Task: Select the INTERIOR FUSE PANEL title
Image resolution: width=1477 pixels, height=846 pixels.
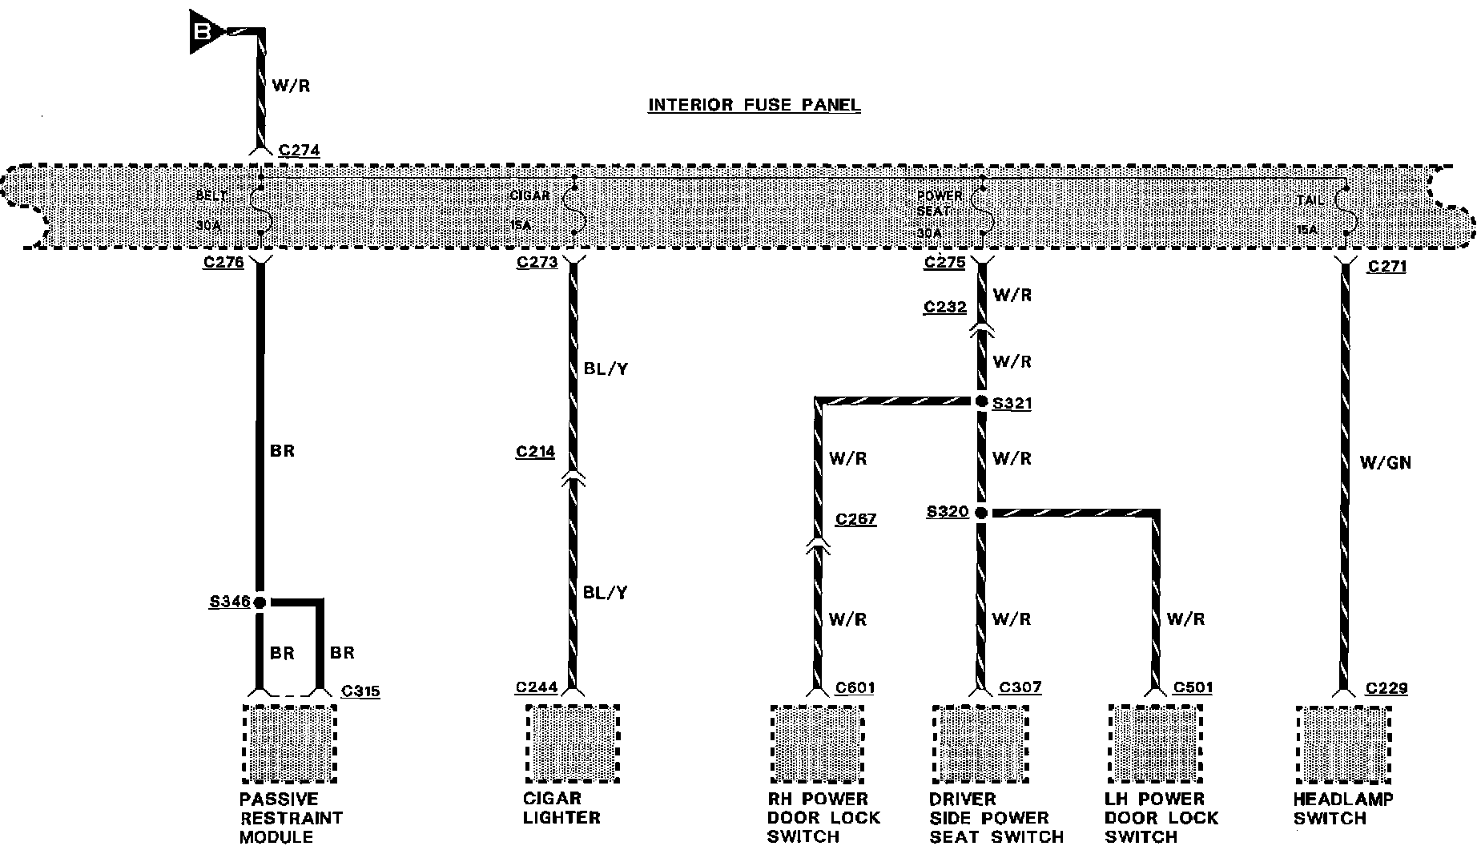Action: [x=754, y=105]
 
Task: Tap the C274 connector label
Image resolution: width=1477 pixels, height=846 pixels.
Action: [x=299, y=150]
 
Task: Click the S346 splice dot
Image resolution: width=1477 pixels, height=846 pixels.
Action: [x=260, y=602]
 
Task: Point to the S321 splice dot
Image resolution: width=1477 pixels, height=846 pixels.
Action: [x=982, y=402]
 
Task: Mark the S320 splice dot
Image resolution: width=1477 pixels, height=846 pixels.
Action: [x=982, y=513]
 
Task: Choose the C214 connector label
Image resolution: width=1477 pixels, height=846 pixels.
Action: [x=535, y=453]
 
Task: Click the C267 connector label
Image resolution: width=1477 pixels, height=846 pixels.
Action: [x=855, y=519]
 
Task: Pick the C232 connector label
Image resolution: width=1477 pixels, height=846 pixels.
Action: [x=944, y=307]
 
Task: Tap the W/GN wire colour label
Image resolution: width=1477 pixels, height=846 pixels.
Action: [x=1385, y=462]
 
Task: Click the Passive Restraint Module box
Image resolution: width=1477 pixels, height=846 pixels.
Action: [x=289, y=744]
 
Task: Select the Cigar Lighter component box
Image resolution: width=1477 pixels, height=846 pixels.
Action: [x=573, y=744]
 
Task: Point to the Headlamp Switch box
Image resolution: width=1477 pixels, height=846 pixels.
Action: [x=1342, y=744]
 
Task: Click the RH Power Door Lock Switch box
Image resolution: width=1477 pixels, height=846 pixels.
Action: [x=817, y=744]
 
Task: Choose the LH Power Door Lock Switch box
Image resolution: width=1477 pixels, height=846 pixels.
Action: [x=1154, y=744]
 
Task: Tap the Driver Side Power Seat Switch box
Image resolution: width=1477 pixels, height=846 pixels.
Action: [x=980, y=744]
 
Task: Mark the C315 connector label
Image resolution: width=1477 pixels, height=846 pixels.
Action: [x=360, y=691]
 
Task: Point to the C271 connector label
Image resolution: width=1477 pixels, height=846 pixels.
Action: [x=1387, y=267]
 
